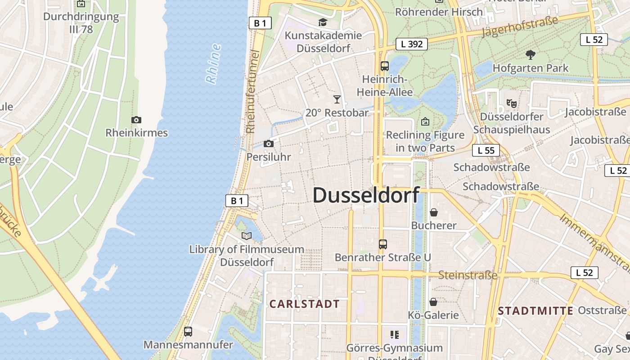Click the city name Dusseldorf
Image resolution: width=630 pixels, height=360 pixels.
[x=366, y=195]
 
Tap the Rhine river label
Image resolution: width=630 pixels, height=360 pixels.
[x=213, y=63]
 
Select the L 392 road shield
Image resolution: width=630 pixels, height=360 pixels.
[x=411, y=44]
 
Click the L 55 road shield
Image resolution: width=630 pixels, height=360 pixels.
[x=486, y=150]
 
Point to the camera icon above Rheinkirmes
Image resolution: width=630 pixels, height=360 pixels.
[x=136, y=120]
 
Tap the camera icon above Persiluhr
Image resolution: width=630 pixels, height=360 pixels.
[x=269, y=144]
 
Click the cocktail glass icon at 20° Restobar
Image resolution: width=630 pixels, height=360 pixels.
[x=337, y=99]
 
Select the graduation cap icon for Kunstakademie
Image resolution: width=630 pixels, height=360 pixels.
[x=323, y=22]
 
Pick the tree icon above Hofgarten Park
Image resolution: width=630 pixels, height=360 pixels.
[x=531, y=55]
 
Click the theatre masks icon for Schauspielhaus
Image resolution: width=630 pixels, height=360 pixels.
[x=511, y=103]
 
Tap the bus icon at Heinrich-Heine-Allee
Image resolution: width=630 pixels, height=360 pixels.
[x=384, y=66]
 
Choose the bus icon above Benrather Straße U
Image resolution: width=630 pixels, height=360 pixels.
[x=382, y=244]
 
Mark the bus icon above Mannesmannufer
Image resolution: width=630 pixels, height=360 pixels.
[x=188, y=332]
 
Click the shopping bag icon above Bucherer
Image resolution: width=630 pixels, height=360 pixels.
[x=434, y=212]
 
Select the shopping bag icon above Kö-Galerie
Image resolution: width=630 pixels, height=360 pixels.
[x=433, y=301]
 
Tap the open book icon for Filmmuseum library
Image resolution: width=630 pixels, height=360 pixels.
[x=246, y=236]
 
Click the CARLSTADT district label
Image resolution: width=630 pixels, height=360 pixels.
[x=304, y=304]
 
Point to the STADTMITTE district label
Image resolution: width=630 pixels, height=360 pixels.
[x=535, y=310]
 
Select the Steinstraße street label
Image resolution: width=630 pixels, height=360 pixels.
[x=468, y=274]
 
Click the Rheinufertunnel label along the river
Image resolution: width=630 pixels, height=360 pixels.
[x=253, y=92]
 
